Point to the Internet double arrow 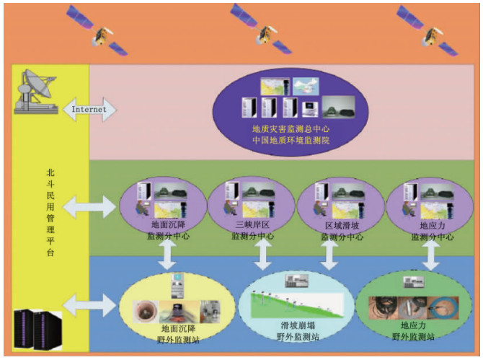pos(90,110)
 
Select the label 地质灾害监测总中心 pos(290,129)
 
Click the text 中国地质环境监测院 pos(290,140)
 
